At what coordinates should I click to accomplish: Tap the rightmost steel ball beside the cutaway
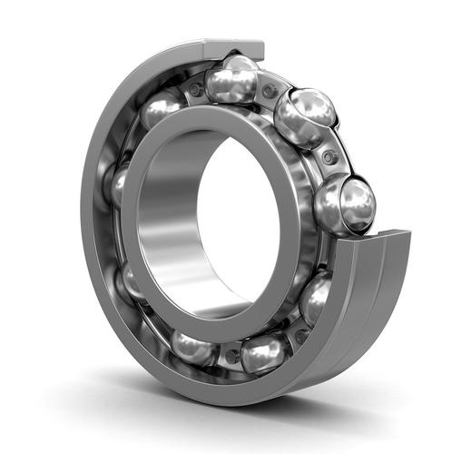(346, 204)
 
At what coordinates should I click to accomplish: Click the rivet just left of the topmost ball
(194, 89)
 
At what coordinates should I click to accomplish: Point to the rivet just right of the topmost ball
(269, 91)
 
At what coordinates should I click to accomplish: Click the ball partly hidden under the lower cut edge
(315, 300)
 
